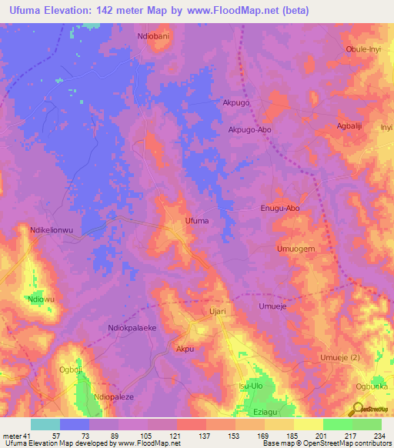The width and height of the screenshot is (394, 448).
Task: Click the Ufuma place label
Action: coord(197,221)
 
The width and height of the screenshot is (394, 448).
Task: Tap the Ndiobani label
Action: coord(154,36)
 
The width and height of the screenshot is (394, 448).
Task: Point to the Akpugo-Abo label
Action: coord(250,130)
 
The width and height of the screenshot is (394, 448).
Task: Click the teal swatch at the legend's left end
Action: coord(45,424)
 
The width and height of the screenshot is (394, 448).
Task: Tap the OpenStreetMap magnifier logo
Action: coord(359,408)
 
